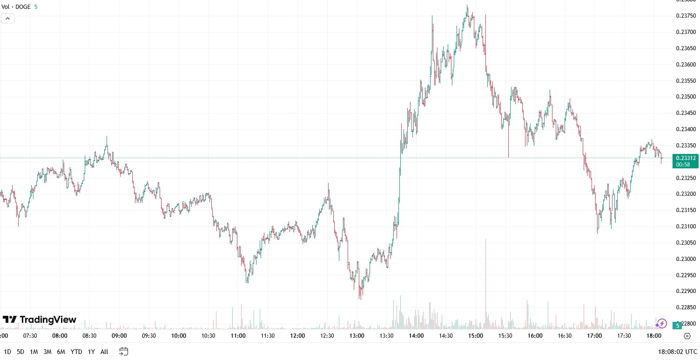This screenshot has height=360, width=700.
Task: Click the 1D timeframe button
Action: tap(7, 352)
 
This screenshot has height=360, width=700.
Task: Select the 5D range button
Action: tap(20, 352)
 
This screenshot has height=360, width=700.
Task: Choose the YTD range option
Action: tap(77, 352)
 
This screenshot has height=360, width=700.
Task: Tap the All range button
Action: tap(104, 352)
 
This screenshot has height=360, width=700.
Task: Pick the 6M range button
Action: tap(61, 352)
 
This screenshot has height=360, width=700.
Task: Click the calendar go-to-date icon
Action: tap(123, 351)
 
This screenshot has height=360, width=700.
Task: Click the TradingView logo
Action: tap(40, 320)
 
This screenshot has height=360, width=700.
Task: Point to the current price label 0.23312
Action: tap(686, 158)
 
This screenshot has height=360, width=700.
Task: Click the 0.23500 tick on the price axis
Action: tap(686, 97)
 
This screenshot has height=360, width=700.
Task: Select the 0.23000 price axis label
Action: tap(686, 259)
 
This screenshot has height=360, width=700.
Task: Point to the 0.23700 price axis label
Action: tap(686, 32)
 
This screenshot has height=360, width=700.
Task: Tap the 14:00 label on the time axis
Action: tap(416, 336)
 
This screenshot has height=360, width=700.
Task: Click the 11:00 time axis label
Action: tap(238, 336)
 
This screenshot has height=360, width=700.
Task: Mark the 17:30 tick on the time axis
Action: tap(624, 336)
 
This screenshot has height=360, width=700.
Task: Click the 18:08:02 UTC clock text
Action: tap(678, 352)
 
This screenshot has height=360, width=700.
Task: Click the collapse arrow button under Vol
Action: tap(8, 19)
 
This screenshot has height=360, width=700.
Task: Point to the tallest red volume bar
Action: tap(485, 284)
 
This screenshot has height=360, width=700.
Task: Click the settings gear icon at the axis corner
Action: tap(687, 336)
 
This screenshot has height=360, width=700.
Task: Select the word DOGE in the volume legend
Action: tap(23, 7)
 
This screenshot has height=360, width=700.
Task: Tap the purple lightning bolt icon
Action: tap(662, 323)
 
